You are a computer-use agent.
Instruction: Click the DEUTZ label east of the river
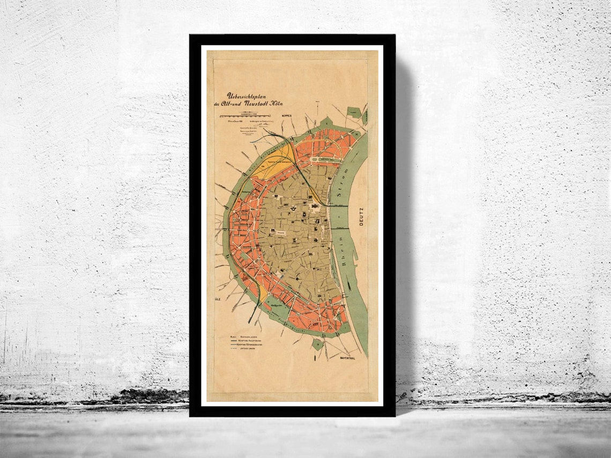[361, 217]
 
